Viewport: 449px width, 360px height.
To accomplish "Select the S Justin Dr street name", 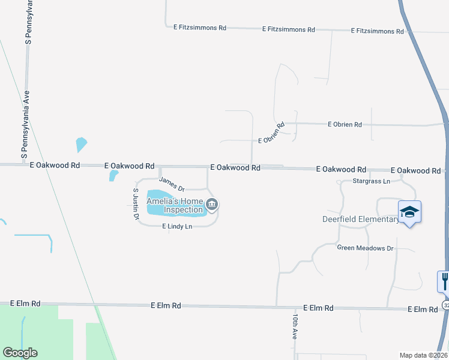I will click(x=136, y=204).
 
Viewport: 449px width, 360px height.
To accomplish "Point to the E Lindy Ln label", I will click(x=177, y=226).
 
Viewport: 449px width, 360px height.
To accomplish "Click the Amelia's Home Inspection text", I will click(x=175, y=206).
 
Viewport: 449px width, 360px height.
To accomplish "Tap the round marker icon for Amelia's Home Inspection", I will click(x=212, y=206).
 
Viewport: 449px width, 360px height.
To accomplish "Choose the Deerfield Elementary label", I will click(x=360, y=219).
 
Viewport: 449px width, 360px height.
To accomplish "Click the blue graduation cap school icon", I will click(x=409, y=212).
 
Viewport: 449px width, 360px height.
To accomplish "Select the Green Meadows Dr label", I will click(x=365, y=248).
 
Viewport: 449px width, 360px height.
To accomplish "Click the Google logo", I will click(x=20, y=353).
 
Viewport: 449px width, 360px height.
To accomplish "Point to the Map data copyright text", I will click(x=424, y=355).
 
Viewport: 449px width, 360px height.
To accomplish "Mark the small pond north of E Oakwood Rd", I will click(x=81, y=145).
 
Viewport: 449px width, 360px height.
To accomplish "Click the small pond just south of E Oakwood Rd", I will click(x=113, y=175).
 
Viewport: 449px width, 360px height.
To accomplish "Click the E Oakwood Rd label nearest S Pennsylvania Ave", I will click(x=54, y=164).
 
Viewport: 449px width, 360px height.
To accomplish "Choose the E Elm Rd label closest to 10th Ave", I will click(x=318, y=308).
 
